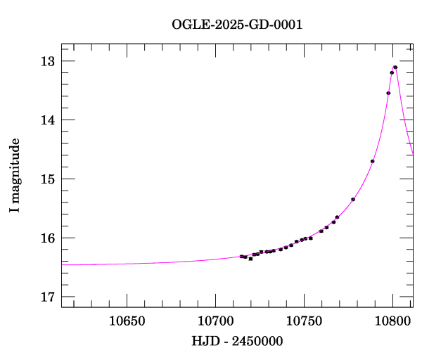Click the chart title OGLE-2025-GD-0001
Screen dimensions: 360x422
click(237, 25)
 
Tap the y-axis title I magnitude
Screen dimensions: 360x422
click(15, 176)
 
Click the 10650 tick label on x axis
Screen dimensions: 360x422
click(127, 321)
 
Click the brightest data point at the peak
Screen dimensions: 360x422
click(395, 67)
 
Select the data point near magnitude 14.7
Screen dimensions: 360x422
click(372, 162)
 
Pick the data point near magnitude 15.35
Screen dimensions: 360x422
click(353, 200)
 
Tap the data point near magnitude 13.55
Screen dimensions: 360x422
click(388, 93)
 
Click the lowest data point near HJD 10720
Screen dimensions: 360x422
click(250, 259)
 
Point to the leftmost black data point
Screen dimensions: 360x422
click(241, 256)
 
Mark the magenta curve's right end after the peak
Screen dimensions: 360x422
click(412, 154)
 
